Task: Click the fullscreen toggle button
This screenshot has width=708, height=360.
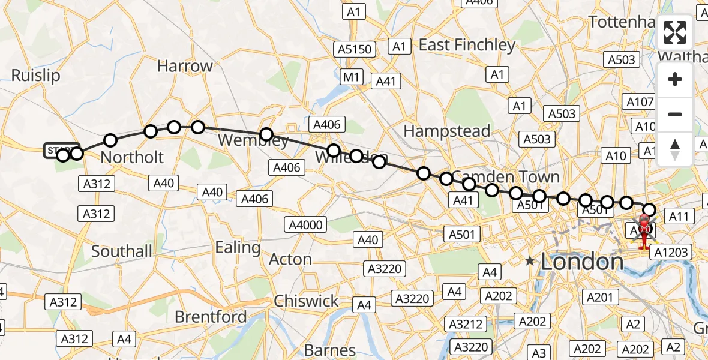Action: coord(675,34)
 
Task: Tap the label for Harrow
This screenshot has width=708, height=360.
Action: coord(185,66)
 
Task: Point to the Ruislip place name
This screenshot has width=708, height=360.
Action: coord(36,76)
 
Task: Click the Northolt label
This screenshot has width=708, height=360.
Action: coord(132,157)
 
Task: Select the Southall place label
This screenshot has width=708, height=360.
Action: coord(122,251)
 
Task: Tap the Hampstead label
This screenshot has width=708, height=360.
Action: coord(446,131)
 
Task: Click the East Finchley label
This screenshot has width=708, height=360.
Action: coord(467,45)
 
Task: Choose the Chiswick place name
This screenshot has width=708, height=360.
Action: coord(306,301)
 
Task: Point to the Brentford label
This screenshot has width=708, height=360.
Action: coord(211,316)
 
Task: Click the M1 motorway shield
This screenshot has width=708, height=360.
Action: coord(351,77)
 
